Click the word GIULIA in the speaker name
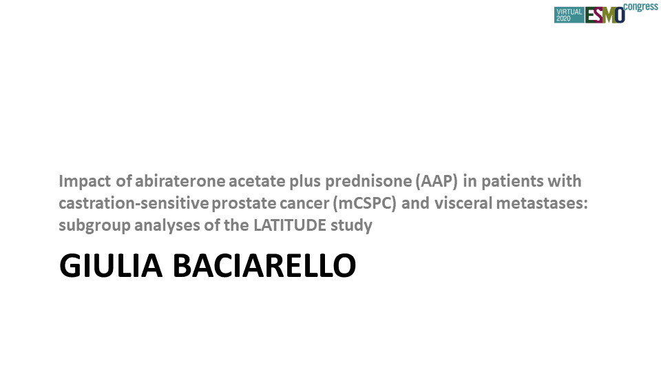click(x=111, y=266)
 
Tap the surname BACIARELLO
click(x=264, y=266)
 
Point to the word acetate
click(x=257, y=181)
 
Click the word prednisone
click(x=368, y=181)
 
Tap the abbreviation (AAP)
click(x=437, y=181)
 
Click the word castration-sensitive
click(x=134, y=203)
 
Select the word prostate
click(x=243, y=204)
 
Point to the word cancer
click(x=304, y=204)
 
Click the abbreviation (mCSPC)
click(x=365, y=204)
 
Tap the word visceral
click(x=463, y=203)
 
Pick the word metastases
click(x=541, y=204)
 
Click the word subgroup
click(x=94, y=226)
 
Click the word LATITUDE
click(x=290, y=225)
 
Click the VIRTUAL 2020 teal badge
click(x=569, y=15)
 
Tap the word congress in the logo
click(x=640, y=7)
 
